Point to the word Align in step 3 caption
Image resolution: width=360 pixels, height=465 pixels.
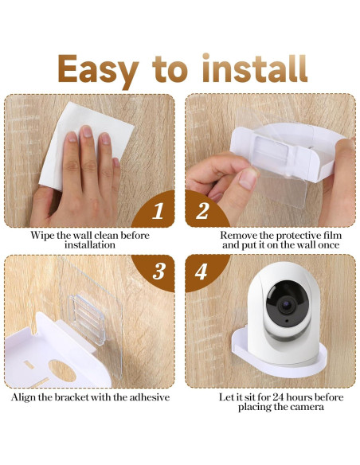[x=27, y=397]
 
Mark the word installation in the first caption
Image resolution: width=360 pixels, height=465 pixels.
[x=89, y=245]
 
